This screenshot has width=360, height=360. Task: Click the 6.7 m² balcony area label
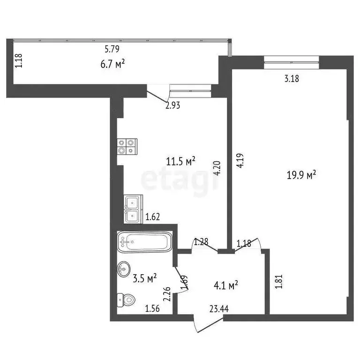click(x=113, y=64)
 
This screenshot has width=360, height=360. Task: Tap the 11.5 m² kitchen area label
click(x=181, y=162)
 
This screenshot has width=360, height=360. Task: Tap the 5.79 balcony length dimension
click(x=113, y=48)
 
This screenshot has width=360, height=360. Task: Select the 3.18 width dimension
click(x=292, y=78)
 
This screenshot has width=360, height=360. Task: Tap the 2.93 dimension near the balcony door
click(x=172, y=105)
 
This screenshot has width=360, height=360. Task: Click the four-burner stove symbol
click(x=127, y=146)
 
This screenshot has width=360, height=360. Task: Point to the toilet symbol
click(x=126, y=299)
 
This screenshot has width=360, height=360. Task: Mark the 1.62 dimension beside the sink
click(x=153, y=217)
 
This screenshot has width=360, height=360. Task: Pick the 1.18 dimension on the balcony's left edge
click(x=18, y=61)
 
